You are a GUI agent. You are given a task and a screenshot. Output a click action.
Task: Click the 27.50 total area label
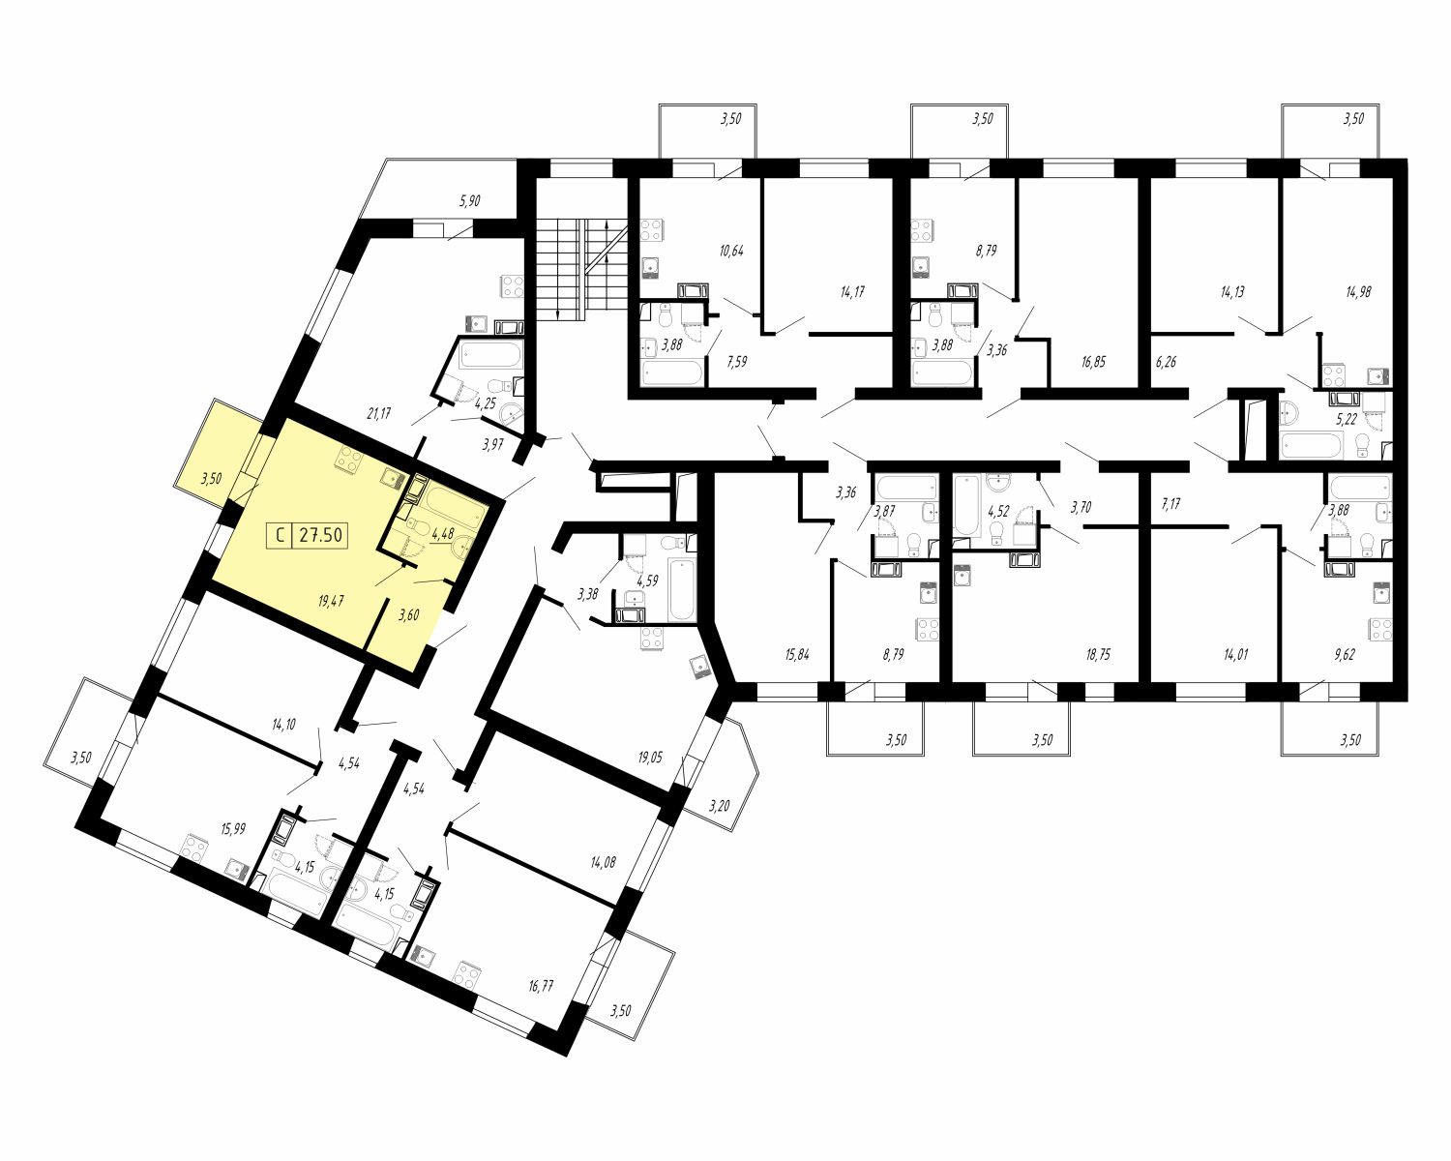(321, 536)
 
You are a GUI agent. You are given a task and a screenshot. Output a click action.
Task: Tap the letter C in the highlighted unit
(280, 536)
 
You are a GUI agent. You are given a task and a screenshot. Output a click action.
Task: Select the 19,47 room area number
(331, 601)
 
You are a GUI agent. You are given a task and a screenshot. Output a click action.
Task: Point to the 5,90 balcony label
(469, 200)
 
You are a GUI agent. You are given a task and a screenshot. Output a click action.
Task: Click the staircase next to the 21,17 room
(572, 272)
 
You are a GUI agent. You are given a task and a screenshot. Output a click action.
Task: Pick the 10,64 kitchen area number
(731, 251)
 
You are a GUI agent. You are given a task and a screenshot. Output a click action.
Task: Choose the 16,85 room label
(1094, 362)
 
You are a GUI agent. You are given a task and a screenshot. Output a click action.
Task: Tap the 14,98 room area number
(1358, 291)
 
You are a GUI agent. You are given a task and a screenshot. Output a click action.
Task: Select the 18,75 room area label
(1098, 654)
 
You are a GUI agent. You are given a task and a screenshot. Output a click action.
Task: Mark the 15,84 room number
(797, 654)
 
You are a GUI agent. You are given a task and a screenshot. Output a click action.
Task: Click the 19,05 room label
(649, 757)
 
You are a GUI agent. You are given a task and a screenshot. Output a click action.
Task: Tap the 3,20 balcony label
(720, 805)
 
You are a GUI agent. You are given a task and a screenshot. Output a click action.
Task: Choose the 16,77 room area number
(541, 986)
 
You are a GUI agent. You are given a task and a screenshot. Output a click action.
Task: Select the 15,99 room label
(232, 829)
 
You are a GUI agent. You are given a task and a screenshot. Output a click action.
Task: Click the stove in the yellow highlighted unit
(349, 461)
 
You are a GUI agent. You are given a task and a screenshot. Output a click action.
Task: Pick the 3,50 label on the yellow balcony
(211, 478)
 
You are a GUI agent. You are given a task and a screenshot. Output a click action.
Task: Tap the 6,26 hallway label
(1165, 362)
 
